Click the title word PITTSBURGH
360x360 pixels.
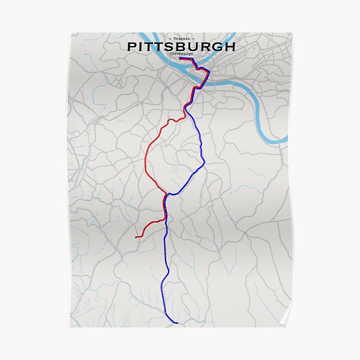181,46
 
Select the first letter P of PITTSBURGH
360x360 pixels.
132,46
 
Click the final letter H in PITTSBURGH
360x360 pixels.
229,46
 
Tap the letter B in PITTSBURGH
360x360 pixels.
185,46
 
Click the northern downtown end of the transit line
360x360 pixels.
180,58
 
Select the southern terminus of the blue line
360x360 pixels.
178,323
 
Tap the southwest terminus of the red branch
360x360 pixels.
137,237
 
